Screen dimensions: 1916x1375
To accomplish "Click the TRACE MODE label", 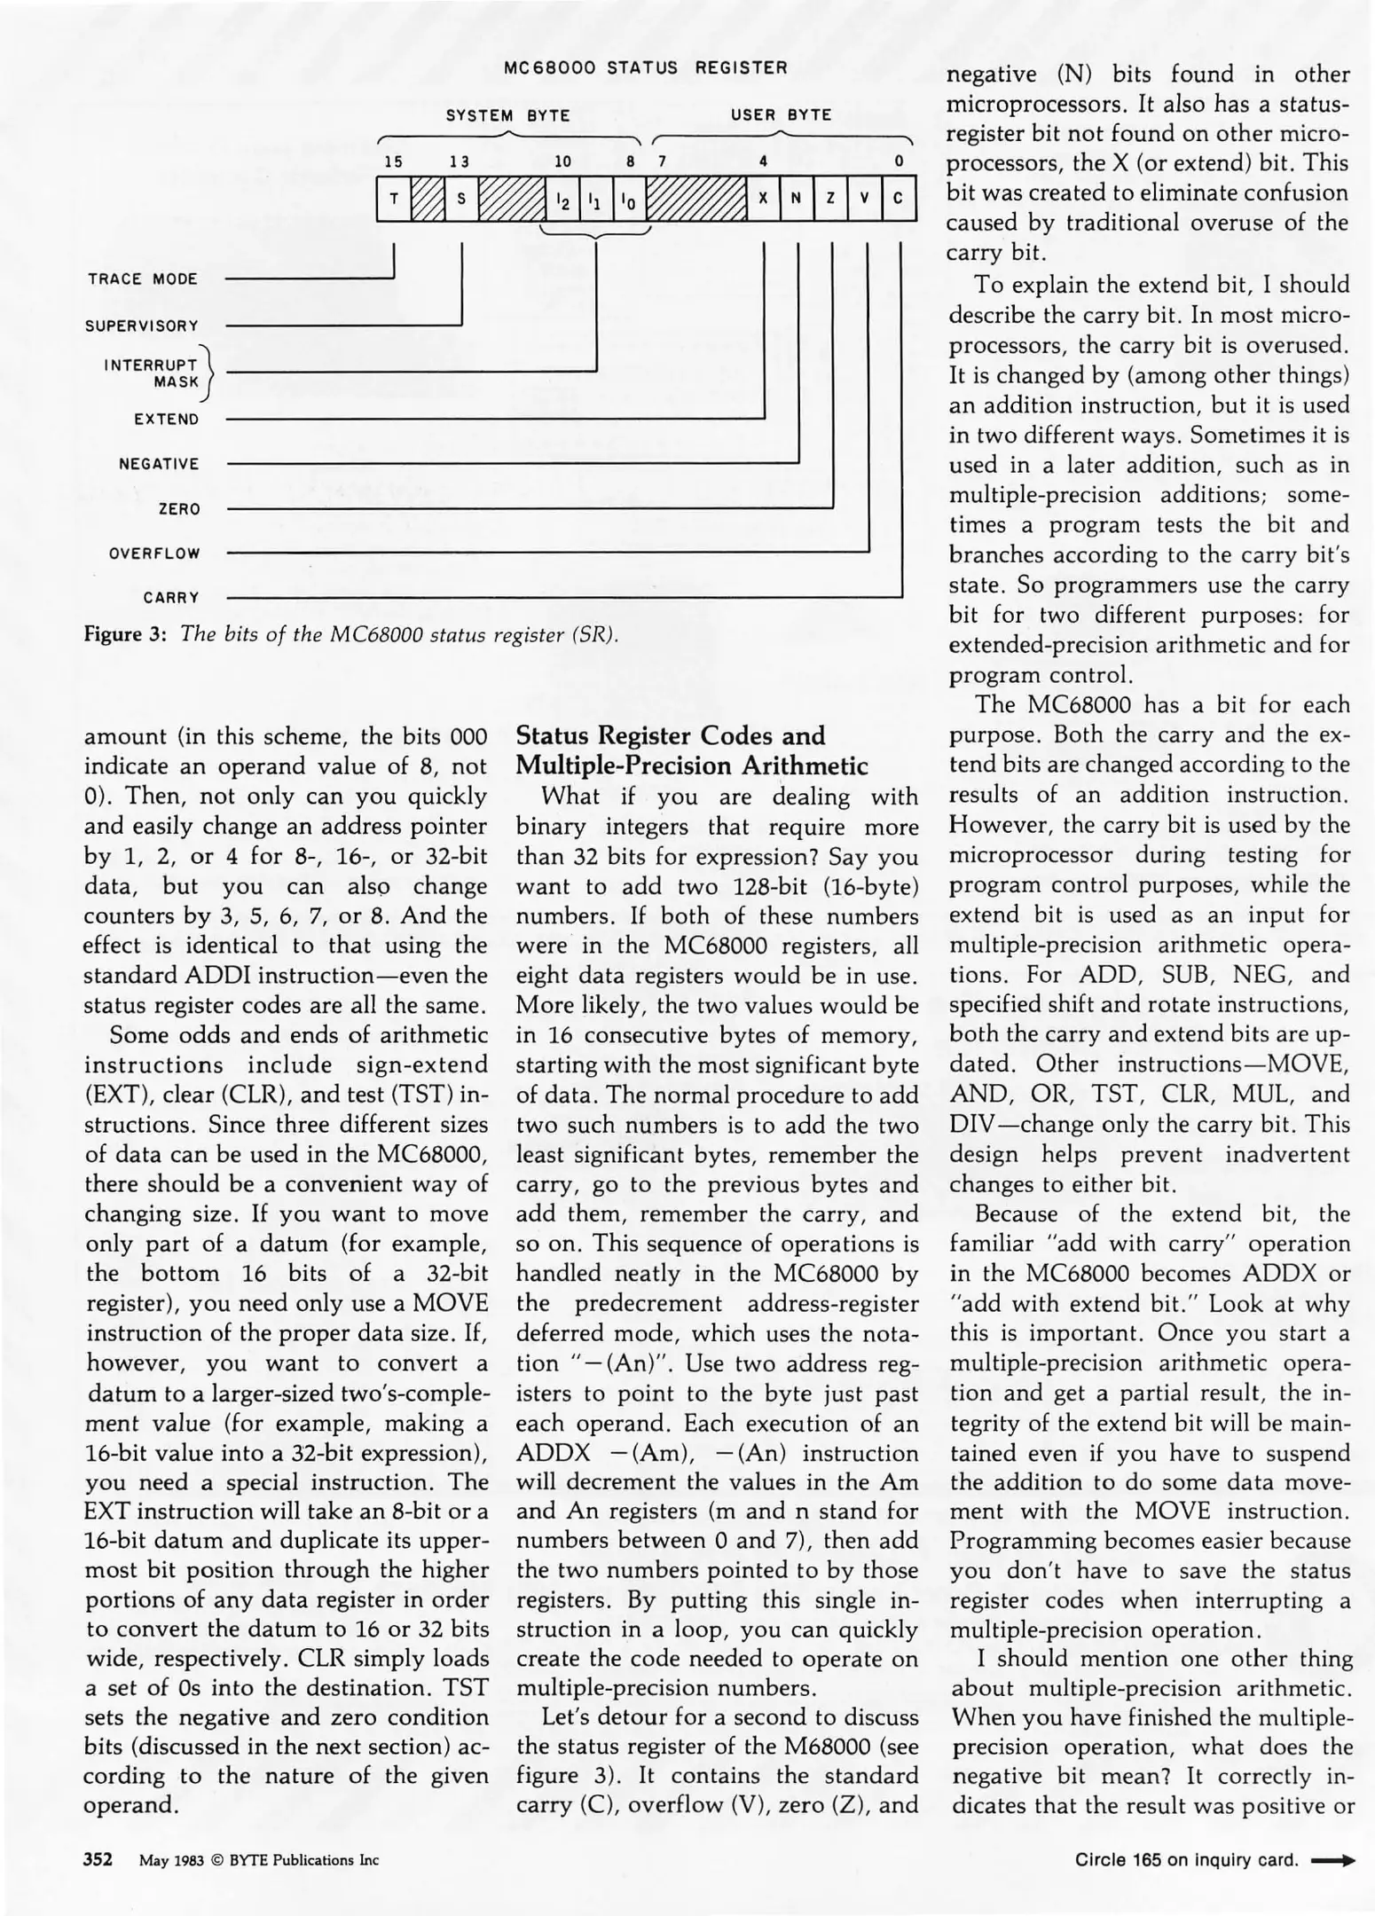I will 143,279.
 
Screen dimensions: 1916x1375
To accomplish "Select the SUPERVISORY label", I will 142,326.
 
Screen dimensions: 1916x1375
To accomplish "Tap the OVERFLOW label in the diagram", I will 154,554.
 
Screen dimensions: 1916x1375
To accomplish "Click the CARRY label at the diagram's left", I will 171,598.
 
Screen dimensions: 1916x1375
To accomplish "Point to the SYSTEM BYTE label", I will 507,115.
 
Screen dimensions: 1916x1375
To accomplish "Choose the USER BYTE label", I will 781,115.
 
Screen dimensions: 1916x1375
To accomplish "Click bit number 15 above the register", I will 393,161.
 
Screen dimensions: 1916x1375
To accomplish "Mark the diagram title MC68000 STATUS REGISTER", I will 645,68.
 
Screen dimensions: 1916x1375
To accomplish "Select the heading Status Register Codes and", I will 671,735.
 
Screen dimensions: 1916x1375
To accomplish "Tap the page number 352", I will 98,1859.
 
